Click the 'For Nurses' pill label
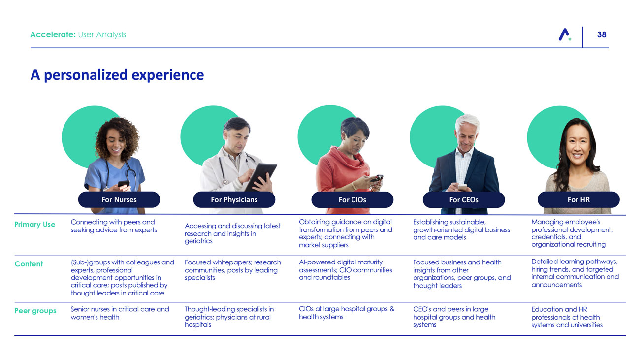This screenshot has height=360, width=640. (x=119, y=200)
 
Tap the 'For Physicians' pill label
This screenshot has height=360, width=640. (x=234, y=200)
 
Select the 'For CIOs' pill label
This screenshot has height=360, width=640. (x=352, y=200)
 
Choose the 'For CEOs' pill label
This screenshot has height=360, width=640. (x=464, y=200)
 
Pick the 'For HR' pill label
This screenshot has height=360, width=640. (x=578, y=200)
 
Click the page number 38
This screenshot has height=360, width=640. (x=602, y=34)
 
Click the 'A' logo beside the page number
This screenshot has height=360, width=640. (x=565, y=34)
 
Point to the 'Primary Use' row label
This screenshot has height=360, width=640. (x=35, y=224)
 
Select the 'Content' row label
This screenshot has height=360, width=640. (x=29, y=264)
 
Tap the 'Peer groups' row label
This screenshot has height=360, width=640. (x=35, y=311)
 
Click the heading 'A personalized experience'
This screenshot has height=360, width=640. (x=117, y=75)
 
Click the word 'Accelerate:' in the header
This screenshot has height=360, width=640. (x=53, y=34)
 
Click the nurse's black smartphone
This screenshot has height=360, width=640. (x=124, y=183)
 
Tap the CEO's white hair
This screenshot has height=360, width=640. (x=467, y=122)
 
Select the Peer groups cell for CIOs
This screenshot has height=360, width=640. (x=346, y=313)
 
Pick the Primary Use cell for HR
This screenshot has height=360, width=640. (x=572, y=233)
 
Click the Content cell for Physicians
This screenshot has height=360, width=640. (x=232, y=270)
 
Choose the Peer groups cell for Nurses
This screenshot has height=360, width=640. (x=120, y=313)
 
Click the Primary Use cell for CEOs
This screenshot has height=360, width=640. (x=461, y=229)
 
